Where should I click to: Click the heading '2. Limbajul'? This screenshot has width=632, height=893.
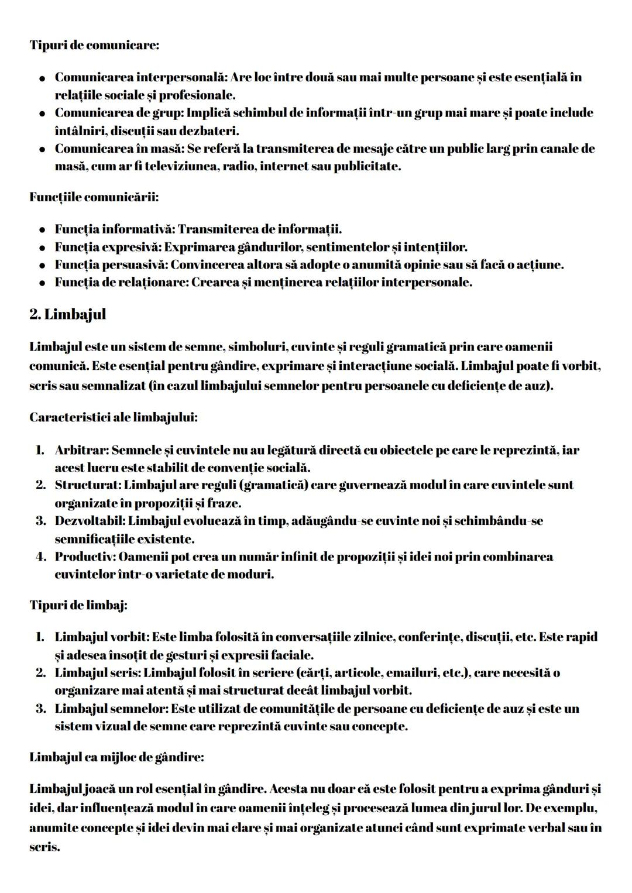coord(67,314)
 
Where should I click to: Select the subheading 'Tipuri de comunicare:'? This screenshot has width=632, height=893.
coord(94,45)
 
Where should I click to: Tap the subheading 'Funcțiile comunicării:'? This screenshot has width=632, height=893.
coord(94,197)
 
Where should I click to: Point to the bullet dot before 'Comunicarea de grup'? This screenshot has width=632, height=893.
coord(43,114)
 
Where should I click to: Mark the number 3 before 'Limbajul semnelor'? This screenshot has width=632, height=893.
coord(40,709)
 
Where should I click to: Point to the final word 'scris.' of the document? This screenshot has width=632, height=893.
coord(44,846)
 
